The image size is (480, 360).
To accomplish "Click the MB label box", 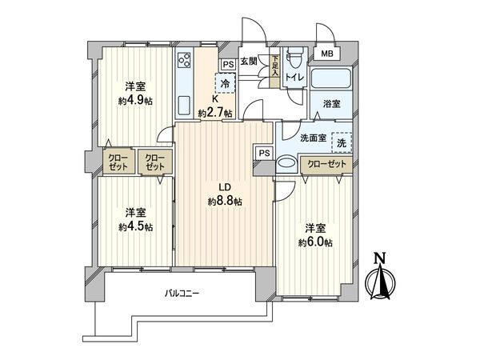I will pyautogui.click(x=329, y=54).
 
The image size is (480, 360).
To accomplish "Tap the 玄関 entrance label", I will pyautogui.click(x=249, y=62).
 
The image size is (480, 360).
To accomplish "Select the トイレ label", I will pyautogui.click(x=294, y=78).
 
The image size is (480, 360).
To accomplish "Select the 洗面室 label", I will pyautogui.click(x=312, y=138).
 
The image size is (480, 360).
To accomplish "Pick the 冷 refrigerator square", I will pyautogui.click(x=225, y=82).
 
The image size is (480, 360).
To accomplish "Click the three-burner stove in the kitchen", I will pyautogui.click(x=184, y=62).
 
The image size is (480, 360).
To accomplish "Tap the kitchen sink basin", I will pyautogui.click(x=182, y=105).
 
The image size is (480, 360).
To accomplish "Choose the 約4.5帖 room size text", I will pyautogui.click(x=136, y=226).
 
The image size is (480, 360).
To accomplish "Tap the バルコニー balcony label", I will pyautogui.click(x=182, y=294).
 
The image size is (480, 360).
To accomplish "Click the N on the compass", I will pyautogui.click(x=381, y=258).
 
